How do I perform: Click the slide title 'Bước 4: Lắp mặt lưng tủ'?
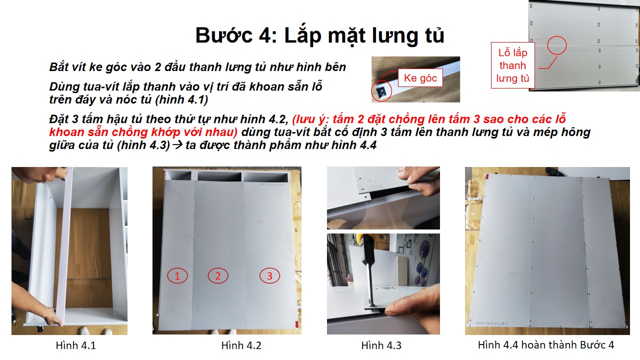pos(319,35)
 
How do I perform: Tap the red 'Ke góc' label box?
pos(420,77)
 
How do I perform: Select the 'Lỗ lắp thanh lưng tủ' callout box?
pos(513,65)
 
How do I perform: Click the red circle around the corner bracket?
pos(381,91)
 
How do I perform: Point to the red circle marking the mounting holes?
pos(557,45)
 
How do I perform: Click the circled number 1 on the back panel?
pos(177,275)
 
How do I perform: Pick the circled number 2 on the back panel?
pos(218,275)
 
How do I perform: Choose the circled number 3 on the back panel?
pos(269,275)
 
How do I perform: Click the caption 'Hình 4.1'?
pos(75,345)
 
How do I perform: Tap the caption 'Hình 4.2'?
pos(241,345)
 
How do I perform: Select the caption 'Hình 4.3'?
pos(381,345)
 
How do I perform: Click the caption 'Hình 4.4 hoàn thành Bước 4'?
pos(546,345)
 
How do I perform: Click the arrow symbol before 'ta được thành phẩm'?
pos(177,145)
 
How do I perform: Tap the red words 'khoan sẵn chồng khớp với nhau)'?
pos(143,132)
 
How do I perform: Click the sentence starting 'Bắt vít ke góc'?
pos(197,67)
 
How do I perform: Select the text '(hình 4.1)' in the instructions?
pos(181,99)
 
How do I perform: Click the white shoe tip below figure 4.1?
pos(84,331)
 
